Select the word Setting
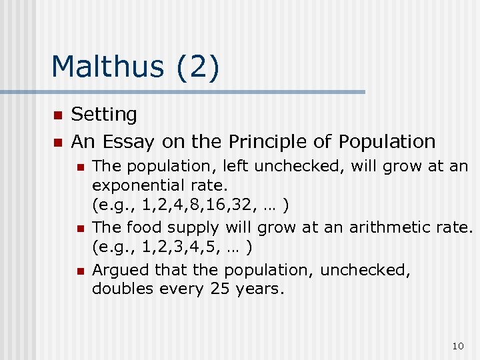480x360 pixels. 104,115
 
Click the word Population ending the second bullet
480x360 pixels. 387,141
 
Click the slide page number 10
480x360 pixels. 457,345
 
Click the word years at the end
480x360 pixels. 259,289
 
